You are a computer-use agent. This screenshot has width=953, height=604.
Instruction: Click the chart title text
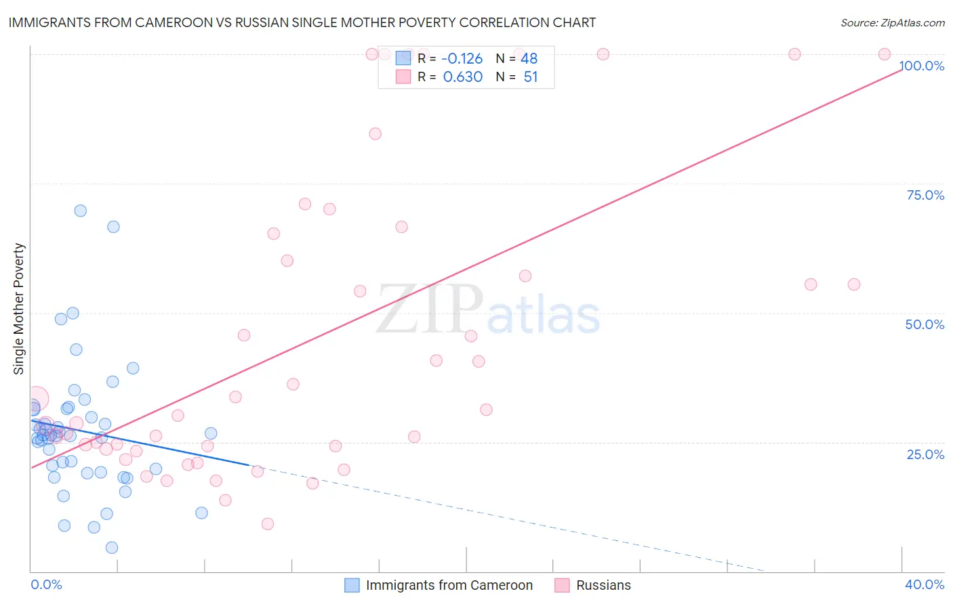302,22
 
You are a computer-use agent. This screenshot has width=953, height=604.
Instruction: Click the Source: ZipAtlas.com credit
892,22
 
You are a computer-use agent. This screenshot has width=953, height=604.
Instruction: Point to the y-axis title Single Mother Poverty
19,309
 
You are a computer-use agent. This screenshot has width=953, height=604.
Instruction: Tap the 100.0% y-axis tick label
922,66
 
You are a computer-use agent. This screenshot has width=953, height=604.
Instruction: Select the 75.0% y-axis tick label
925,195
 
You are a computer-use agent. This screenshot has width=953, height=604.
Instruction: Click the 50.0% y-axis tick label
925,324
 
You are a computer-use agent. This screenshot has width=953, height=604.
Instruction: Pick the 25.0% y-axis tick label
925,454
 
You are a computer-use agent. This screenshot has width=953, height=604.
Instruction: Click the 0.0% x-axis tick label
46,584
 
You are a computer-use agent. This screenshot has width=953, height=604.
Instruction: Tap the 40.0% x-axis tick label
925,584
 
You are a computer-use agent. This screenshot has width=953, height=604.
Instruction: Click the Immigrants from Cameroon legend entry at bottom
439,585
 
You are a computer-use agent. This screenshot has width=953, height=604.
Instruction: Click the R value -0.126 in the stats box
462,59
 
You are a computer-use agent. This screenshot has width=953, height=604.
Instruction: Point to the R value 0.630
462,77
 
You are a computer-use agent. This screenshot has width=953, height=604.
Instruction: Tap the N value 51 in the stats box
530,77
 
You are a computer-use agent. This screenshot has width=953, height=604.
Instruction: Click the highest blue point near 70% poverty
80,211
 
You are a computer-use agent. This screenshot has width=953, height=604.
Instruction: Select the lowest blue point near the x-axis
112,548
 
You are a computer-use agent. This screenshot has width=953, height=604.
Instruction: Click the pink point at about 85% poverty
375,134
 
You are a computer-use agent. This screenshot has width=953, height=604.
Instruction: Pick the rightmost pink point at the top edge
884,54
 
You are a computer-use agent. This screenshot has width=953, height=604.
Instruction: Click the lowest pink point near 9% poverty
268,524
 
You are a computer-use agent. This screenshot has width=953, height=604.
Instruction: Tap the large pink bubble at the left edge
36,399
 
